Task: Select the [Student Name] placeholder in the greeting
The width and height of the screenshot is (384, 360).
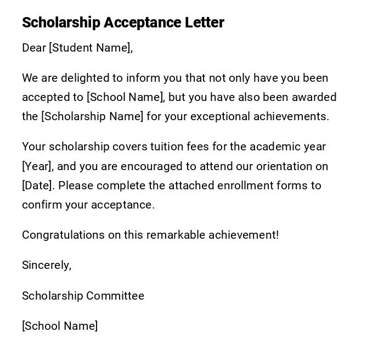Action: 90,48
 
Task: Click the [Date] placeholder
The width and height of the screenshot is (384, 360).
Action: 38,185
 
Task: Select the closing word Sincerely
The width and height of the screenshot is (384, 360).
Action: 46,265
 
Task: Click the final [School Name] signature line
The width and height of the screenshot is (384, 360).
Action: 60,326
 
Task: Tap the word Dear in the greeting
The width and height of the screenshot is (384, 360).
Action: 34,48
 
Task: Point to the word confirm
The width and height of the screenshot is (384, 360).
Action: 42,205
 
